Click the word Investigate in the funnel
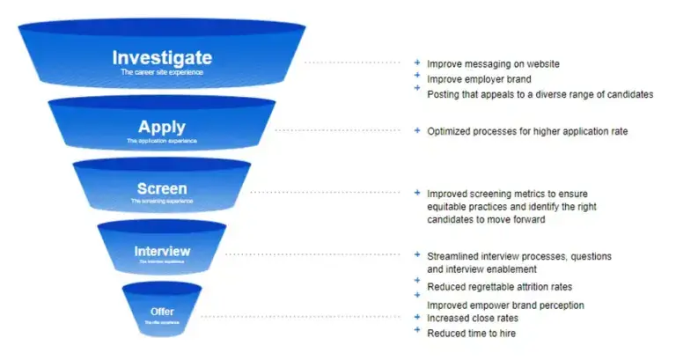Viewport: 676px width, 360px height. tap(162, 58)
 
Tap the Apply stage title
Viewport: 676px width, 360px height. tap(162, 127)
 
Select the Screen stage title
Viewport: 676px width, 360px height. tap(162, 189)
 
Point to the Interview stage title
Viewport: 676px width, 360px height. tap(162, 251)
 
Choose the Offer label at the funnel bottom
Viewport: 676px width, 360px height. tap(162, 312)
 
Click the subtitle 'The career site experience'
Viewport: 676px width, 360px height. tap(162, 72)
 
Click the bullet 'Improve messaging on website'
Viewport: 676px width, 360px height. tap(493, 64)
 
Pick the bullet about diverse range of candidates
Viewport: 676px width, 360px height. tap(540, 94)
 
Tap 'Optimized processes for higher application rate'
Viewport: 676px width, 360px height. tap(527, 132)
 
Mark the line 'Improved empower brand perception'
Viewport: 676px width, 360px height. tap(505, 305)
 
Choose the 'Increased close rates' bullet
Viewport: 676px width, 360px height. tap(473, 318)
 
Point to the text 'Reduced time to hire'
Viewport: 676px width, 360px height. tap(471, 334)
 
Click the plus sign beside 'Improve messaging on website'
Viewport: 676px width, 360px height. tap(417, 62)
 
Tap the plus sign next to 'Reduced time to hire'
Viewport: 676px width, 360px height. tap(417, 331)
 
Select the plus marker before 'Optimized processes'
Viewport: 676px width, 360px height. tap(417, 130)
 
